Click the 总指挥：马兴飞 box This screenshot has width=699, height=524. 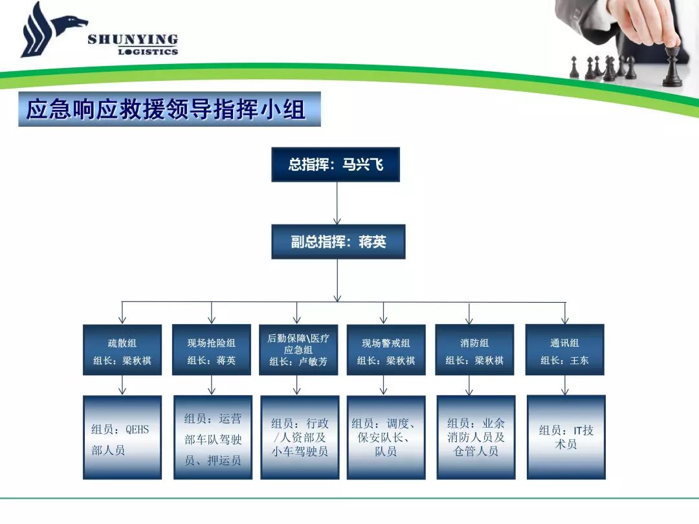pos(335,164)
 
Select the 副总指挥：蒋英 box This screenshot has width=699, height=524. pos(338,241)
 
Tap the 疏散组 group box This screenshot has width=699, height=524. pos(122,349)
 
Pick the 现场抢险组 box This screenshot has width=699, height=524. pos(211,349)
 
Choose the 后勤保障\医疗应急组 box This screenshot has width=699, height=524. pos(298,349)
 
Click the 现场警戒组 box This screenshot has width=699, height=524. pos(386,349)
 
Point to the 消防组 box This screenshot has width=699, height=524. pos(474,349)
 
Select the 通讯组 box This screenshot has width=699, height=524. pos(565,349)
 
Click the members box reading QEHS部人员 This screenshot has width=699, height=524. pos(122,437)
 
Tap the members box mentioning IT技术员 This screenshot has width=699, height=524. pos(566,437)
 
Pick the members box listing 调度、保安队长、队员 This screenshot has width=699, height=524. pos(386,437)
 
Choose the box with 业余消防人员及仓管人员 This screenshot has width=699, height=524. pos(476,437)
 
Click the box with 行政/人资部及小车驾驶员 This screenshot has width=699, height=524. pos(300,437)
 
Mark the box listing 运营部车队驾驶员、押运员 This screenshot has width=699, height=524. pos(213,437)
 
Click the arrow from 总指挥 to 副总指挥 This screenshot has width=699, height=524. pos(337,203)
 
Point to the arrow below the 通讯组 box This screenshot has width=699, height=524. pos(565,385)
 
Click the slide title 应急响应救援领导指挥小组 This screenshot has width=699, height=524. pos(166,109)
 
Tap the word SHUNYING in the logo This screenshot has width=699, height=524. pos(133,39)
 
